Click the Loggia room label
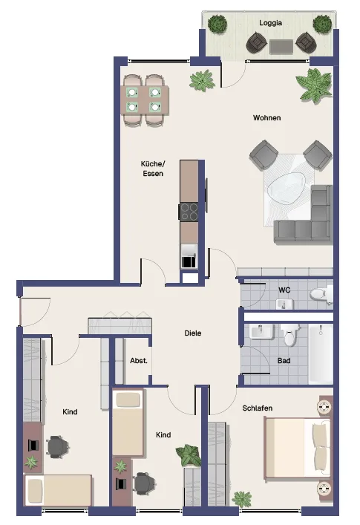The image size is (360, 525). click(x=270, y=23)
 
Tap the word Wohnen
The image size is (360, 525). click(x=266, y=118)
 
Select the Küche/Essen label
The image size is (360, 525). click(x=153, y=169)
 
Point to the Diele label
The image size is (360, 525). click(x=193, y=333)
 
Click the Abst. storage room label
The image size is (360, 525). click(x=139, y=361)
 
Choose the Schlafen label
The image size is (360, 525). click(x=258, y=408)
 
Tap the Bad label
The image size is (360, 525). click(x=284, y=361)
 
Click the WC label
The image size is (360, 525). click(x=284, y=290)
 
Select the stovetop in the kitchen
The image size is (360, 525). click(x=189, y=212)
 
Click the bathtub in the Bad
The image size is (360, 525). click(x=321, y=353)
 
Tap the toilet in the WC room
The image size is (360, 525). click(x=321, y=294)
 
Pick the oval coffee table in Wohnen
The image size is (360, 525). click(x=287, y=188)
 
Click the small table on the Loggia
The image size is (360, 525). click(x=281, y=47)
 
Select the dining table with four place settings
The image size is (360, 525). click(x=145, y=100)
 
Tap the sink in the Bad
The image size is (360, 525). click(x=261, y=332)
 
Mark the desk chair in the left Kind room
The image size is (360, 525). click(x=58, y=446)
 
